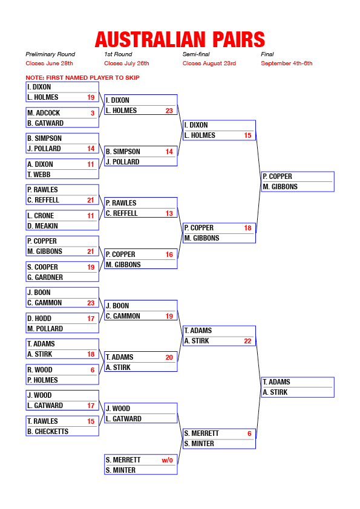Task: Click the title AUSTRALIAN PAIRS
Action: pos(180,40)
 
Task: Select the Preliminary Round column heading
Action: pos(50,54)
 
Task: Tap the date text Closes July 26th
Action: pos(126,63)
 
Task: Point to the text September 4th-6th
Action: pos(287,63)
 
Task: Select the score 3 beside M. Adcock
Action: pos(93,113)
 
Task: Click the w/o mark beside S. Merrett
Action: pos(168,460)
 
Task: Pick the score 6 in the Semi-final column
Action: pos(249,433)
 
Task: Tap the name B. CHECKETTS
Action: pos(48,432)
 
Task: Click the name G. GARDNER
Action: pos(45,277)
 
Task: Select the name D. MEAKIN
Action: pos(42,226)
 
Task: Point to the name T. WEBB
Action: pos(39,175)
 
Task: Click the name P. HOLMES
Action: pos(42,380)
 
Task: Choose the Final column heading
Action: pos(267,54)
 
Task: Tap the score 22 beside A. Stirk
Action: pos(247,341)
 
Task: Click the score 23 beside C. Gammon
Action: pos(91,303)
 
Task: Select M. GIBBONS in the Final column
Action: pos(280,187)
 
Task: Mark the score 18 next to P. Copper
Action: pos(247,228)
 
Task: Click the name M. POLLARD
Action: pos(45,329)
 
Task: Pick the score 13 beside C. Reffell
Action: pos(169,213)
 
